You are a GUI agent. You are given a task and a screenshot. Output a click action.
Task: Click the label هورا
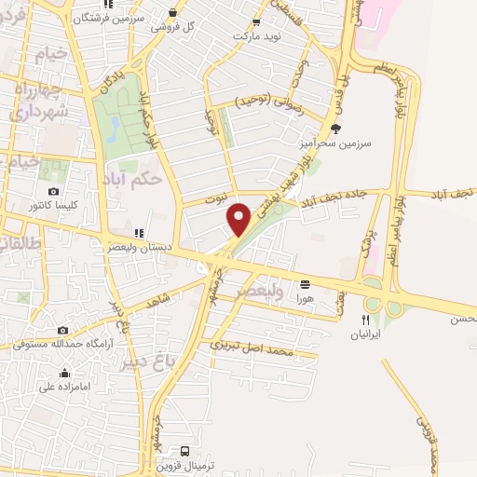coord(306,300)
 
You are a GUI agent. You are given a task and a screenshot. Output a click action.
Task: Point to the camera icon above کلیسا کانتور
coord(53,191)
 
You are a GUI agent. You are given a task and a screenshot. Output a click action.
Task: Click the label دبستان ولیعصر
coord(140,248)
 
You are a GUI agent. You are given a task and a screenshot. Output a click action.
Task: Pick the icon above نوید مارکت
coord(256,22)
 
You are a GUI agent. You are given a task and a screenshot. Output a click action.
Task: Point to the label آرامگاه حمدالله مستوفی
coord(62,344)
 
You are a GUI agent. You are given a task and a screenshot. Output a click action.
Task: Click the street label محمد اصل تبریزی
coord(253,348)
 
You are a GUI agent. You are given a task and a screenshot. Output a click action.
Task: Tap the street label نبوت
coord(216,199)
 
